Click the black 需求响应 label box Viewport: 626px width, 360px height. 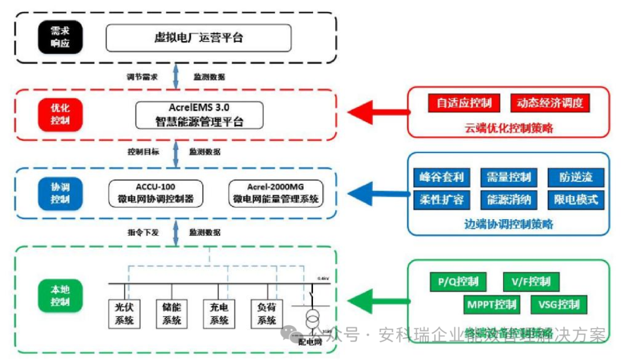click(x=60, y=38)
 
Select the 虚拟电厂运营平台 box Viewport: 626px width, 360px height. click(x=198, y=38)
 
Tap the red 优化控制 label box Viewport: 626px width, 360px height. click(x=60, y=114)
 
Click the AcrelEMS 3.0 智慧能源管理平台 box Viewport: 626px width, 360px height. click(x=199, y=115)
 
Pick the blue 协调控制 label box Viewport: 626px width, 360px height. click(x=60, y=193)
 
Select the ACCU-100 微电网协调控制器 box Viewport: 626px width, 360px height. click(x=156, y=193)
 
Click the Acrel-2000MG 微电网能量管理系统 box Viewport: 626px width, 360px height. click(x=275, y=193)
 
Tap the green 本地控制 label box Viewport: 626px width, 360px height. click(x=60, y=295)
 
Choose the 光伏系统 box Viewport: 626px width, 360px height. click(x=123, y=314)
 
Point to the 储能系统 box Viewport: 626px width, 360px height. click(x=171, y=314)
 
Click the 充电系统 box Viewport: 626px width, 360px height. click(x=219, y=314)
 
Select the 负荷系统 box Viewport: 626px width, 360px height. click(x=266, y=314)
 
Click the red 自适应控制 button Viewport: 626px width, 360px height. click(x=464, y=103)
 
